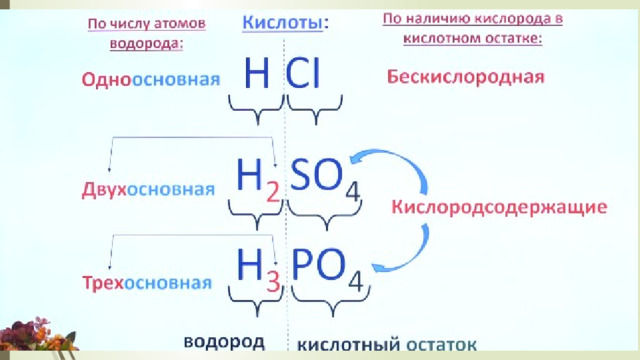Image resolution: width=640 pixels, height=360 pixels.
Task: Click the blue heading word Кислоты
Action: [x=282, y=23]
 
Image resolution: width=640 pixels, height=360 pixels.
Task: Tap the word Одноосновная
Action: [x=151, y=79]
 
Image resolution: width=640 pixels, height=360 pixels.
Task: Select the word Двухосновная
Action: [x=148, y=190]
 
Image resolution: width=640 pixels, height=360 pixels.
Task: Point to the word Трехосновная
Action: [x=147, y=282]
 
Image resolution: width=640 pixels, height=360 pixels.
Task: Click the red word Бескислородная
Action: [x=466, y=77]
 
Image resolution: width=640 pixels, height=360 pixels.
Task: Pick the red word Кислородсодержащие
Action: [x=499, y=207]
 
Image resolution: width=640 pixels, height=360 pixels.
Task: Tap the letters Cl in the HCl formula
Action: [x=303, y=73]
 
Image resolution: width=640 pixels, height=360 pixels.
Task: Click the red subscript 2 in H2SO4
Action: [x=273, y=192]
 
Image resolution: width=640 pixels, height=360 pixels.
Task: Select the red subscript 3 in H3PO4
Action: [x=273, y=282]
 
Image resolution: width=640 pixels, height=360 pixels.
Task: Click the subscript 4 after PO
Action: [x=356, y=281]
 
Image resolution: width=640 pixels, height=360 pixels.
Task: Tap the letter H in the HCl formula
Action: [x=257, y=73]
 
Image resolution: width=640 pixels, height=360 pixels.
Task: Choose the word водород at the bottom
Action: [x=224, y=342]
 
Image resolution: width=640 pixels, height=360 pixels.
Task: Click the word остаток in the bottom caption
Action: [x=442, y=345]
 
